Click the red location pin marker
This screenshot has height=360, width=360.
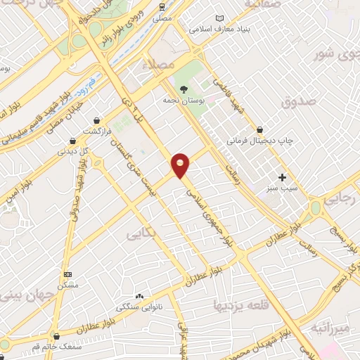point(181,165)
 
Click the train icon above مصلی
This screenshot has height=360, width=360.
point(163,8)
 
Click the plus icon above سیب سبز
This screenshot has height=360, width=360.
point(283,177)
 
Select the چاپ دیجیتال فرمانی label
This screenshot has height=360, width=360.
point(259,141)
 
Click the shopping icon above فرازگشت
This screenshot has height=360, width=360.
point(94,120)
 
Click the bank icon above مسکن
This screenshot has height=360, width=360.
point(67,274)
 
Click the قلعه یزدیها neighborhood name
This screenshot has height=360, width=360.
point(238,304)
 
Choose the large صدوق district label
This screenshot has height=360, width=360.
point(295,103)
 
